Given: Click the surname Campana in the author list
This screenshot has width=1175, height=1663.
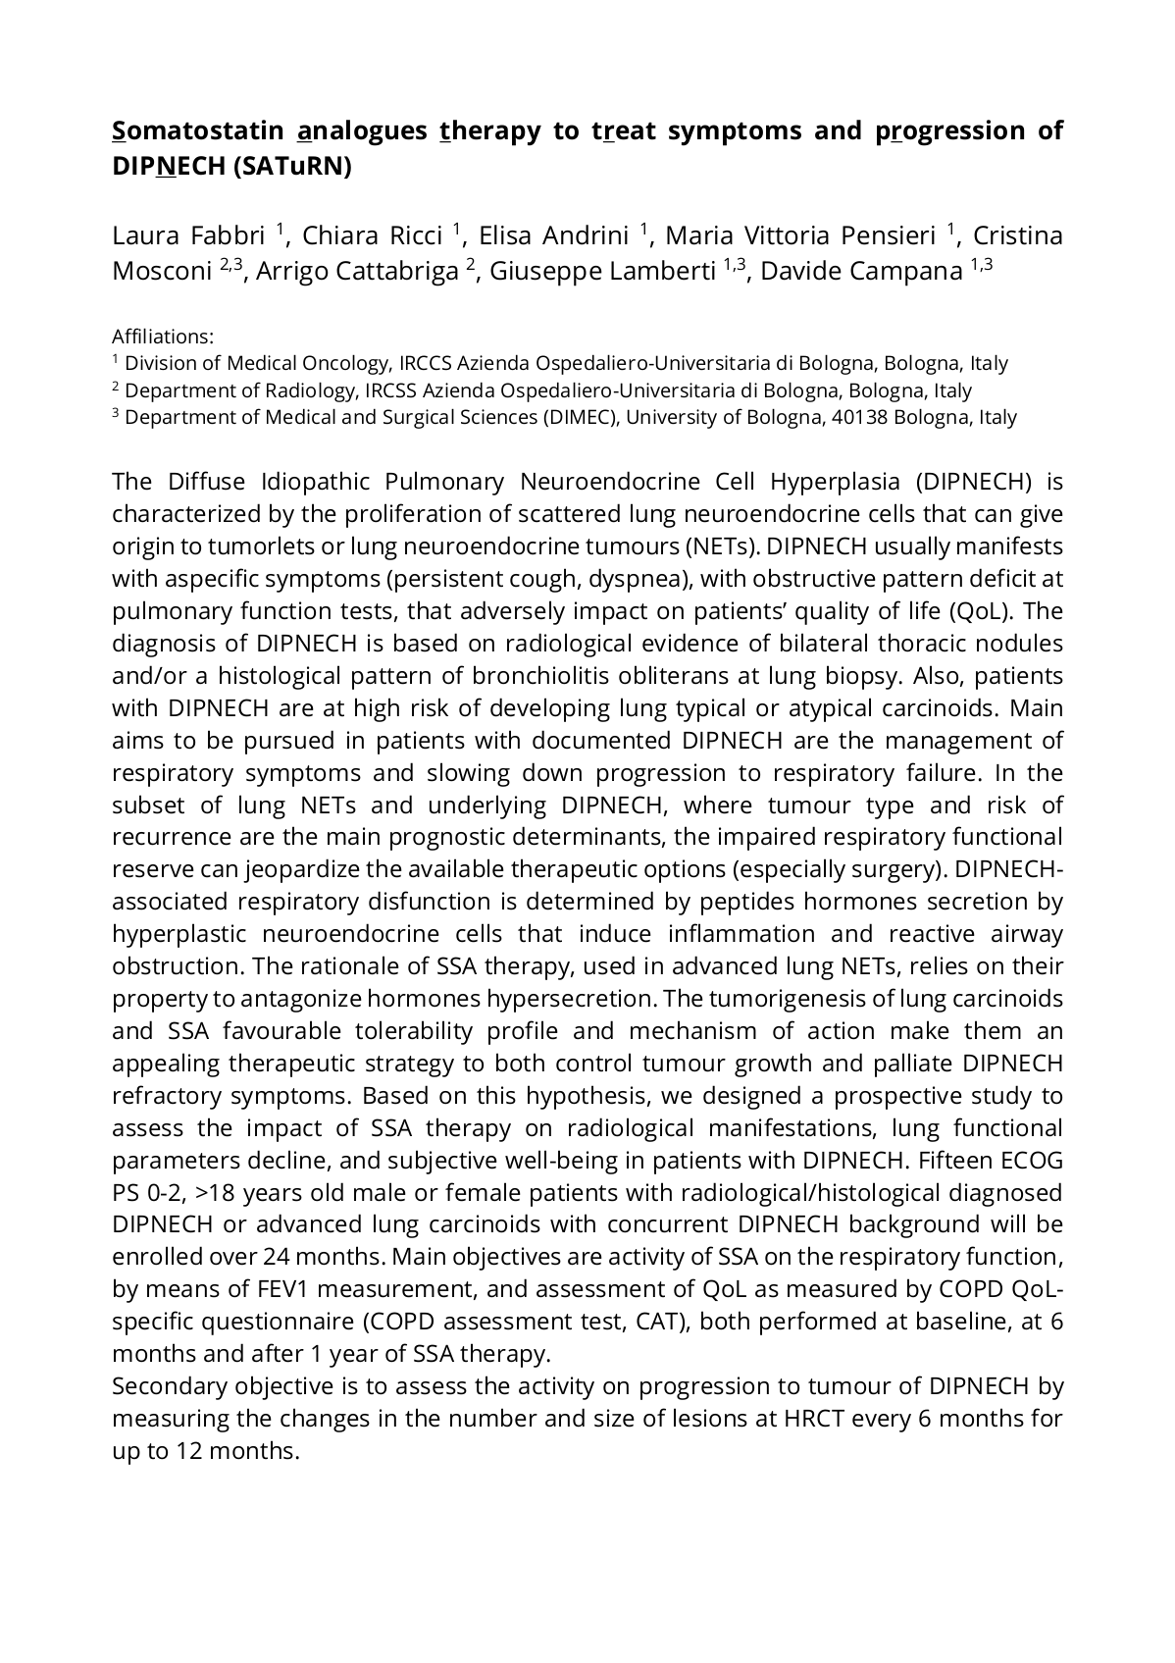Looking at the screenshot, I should click(911, 271).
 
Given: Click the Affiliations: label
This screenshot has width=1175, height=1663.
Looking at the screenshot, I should click(163, 337).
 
